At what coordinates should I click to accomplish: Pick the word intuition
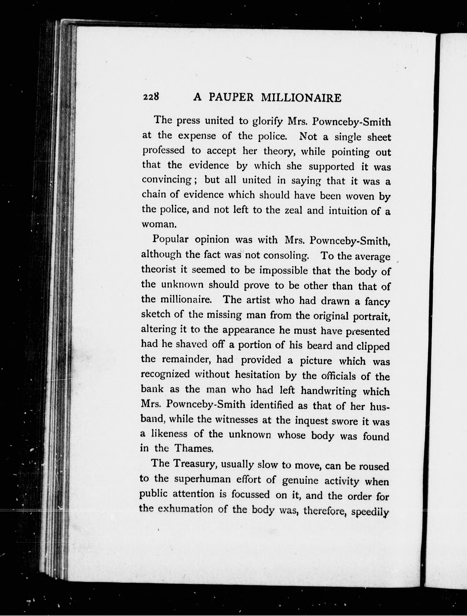coord(348,211)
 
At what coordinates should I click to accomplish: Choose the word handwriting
coord(329,391)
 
